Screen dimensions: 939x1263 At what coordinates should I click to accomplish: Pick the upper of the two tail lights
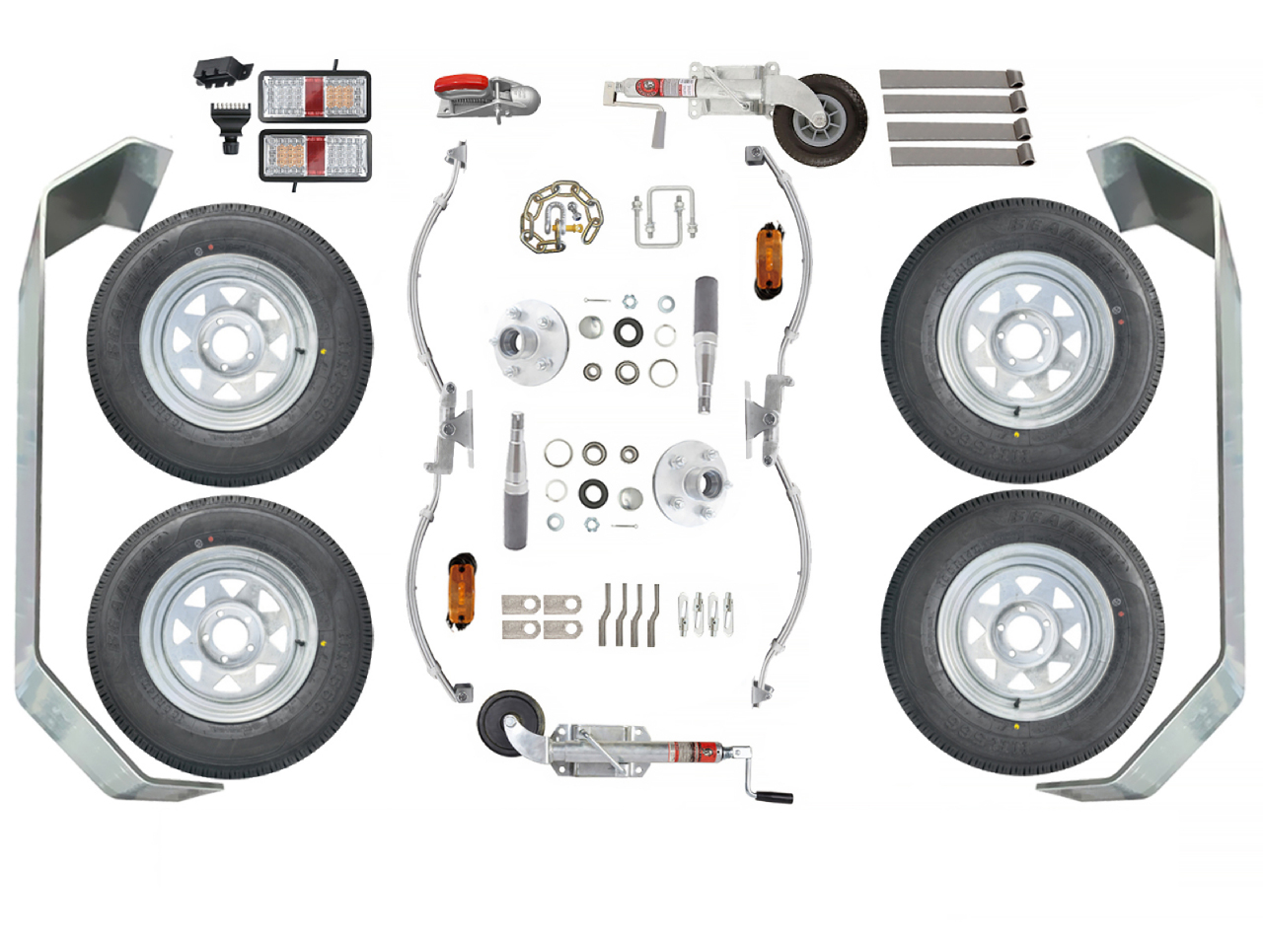click(315, 96)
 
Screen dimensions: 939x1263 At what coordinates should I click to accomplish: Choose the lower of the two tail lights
click(315, 155)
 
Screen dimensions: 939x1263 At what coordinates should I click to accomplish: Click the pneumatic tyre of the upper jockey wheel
click(820, 119)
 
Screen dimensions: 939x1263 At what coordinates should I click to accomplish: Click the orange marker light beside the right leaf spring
click(768, 262)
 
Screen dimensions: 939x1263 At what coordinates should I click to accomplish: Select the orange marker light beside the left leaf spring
click(461, 591)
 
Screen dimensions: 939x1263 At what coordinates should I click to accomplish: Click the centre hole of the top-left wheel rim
click(228, 342)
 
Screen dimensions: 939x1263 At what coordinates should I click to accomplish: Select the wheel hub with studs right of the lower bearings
click(693, 482)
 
